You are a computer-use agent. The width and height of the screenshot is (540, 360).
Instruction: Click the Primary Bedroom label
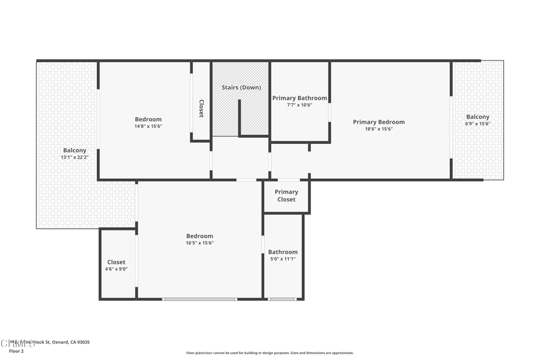(x=379, y=122)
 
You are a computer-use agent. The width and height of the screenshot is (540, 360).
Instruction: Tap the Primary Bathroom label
(x=300, y=98)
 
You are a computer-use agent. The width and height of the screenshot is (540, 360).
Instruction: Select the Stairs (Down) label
(x=241, y=87)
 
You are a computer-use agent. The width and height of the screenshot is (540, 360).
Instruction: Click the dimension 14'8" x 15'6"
(x=148, y=127)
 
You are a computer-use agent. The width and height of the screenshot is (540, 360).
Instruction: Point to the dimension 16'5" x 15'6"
(x=199, y=243)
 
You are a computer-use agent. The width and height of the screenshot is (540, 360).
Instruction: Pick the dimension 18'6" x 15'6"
(x=379, y=129)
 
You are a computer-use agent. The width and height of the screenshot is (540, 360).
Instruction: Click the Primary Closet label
(x=286, y=196)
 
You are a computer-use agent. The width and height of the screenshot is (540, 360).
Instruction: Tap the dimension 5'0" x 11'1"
(x=283, y=259)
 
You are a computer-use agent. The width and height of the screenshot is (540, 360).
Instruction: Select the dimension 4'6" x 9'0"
(x=116, y=269)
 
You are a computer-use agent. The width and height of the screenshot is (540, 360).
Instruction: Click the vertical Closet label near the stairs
(x=201, y=109)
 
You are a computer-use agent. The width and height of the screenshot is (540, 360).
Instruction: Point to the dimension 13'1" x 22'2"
(x=74, y=157)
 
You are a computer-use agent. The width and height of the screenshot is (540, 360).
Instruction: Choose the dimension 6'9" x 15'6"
(x=477, y=124)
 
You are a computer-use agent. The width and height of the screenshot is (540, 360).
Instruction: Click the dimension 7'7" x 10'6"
(x=300, y=105)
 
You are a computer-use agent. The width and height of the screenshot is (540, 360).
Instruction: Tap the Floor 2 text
(x=16, y=351)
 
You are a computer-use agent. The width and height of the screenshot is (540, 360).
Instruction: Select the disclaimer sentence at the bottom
(x=269, y=353)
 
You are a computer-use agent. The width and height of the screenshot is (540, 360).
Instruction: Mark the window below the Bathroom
(x=282, y=299)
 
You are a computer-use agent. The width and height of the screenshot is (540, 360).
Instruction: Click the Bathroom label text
(x=283, y=252)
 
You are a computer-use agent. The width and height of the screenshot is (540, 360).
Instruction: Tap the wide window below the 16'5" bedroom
(x=199, y=299)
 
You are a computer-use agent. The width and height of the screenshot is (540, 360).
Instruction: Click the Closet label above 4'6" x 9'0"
(x=116, y=262)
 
